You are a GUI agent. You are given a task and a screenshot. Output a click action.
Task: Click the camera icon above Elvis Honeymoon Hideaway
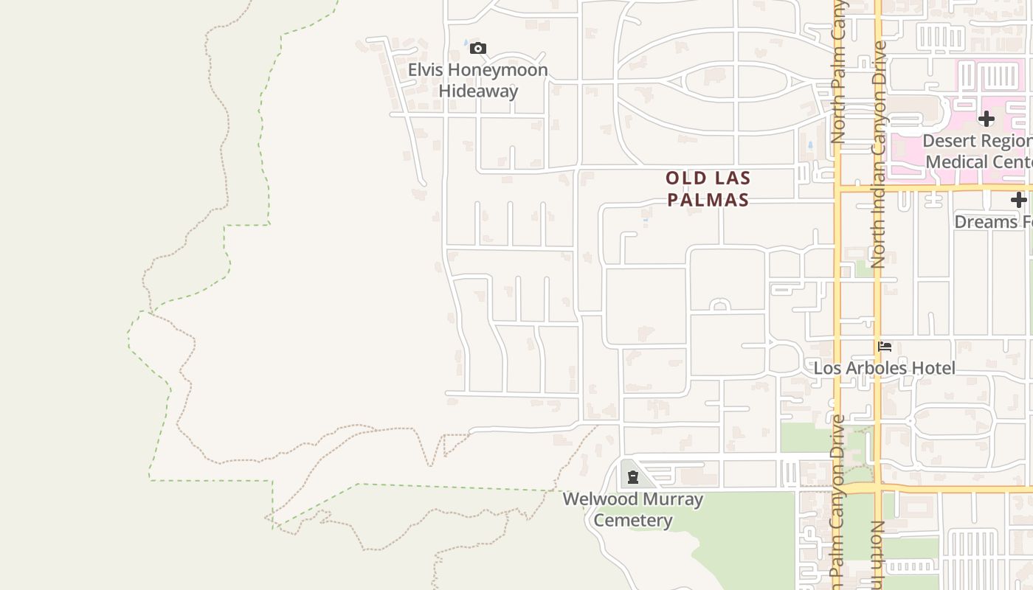pyautogui.click(x=478, y=49)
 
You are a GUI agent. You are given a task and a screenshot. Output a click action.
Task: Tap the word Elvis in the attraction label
pyautogui.click(x=428, y=70)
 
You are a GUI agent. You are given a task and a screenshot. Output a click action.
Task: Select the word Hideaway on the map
pyautogui.click(x=478, y=91)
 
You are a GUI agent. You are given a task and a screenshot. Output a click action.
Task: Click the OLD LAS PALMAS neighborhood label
pyautogui.click(x=708, y=189)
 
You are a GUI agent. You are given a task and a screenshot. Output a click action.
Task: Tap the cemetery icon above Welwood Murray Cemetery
pyautogui.click(x=632, y=477)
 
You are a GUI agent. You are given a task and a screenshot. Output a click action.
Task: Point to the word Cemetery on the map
pyautogui.click(x=633, y=521)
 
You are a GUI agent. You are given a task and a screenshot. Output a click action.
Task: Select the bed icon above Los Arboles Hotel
pyautogui.click(x=885, y=346)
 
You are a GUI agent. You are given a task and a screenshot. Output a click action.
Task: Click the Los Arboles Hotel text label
pyautogui.click(x=884, y=368)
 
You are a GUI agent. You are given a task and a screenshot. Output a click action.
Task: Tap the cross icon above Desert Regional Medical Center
pyautogui.click(x=986, y=118)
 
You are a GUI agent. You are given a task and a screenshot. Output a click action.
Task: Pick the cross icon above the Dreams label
pyautogui.click(x=1018, y=200)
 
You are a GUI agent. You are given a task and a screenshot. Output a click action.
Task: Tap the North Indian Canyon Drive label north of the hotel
pyautogui.click(x=878, y=155)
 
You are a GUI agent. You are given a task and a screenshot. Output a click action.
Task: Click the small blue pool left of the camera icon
pyautogui.click(x=465, y=45)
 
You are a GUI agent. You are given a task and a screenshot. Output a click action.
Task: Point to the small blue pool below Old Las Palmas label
pyautogui.click(x=646, y=219)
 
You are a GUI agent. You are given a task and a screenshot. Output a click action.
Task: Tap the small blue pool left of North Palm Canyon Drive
pyautogui.click(x=810, y=146)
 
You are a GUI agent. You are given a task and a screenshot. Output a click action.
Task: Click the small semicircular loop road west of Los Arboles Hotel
pyautogui.click(x=720, y=305)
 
